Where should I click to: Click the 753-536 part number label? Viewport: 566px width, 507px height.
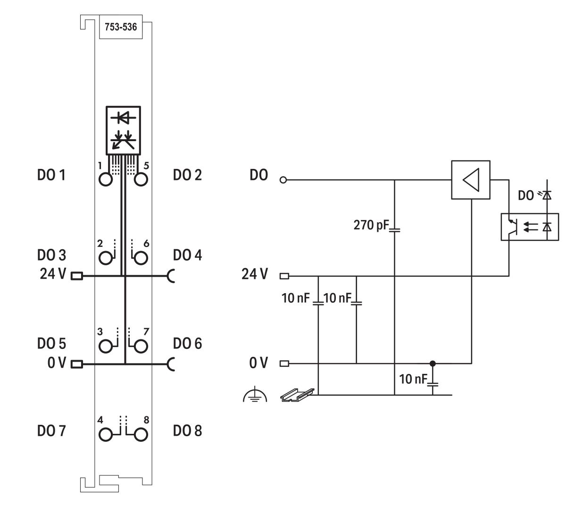[118, 27]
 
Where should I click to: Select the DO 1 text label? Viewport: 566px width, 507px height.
[51, 175]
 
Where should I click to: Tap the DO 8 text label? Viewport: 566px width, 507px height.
[187, 431]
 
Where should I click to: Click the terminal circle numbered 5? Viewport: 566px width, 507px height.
[141, 180]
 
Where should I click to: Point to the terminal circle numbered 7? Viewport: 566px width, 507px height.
[141, 346]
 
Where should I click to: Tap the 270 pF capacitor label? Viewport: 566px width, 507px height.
[370, 224]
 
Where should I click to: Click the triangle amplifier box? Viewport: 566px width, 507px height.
[471, 180]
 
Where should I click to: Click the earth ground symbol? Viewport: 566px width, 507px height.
[255, 396]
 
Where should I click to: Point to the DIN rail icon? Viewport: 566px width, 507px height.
[297, 395]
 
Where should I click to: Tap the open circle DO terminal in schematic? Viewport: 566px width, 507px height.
[283, 180]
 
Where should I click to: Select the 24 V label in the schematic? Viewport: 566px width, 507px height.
[255, 274]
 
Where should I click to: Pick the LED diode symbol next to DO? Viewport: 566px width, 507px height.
[546, 194]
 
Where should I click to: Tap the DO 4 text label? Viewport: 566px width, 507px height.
[187, 255]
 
